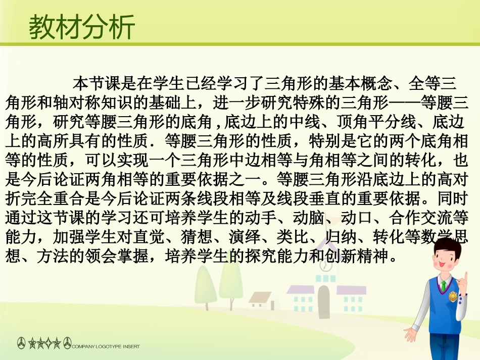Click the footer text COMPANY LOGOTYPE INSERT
click(106, 346)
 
